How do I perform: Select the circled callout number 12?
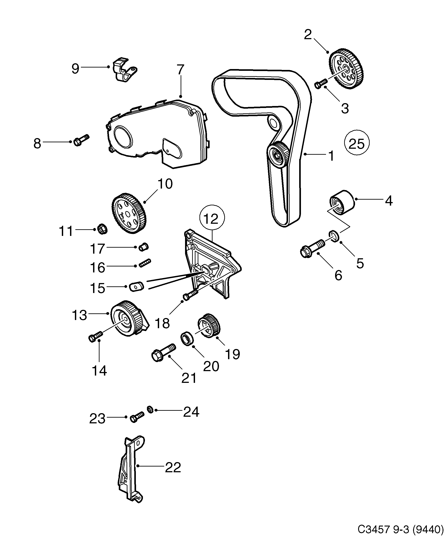[212, 218]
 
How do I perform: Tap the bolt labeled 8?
[81, 140]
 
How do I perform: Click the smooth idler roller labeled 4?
[342, 203]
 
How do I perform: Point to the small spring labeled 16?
[145, 263]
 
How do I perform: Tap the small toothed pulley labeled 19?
[209, 326]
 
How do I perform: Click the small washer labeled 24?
[150, 410]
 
